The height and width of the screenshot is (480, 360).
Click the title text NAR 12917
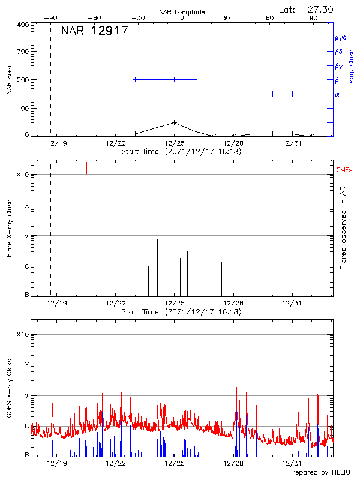94,31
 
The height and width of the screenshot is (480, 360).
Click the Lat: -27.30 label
307,9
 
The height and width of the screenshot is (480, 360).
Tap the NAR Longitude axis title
182,12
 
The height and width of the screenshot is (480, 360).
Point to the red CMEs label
344,171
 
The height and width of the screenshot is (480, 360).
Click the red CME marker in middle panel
86,167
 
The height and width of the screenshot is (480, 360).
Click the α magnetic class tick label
337,94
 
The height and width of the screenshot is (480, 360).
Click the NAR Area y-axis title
9,80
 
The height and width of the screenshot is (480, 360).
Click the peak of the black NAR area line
174,122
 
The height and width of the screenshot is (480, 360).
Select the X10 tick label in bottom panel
22,334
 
